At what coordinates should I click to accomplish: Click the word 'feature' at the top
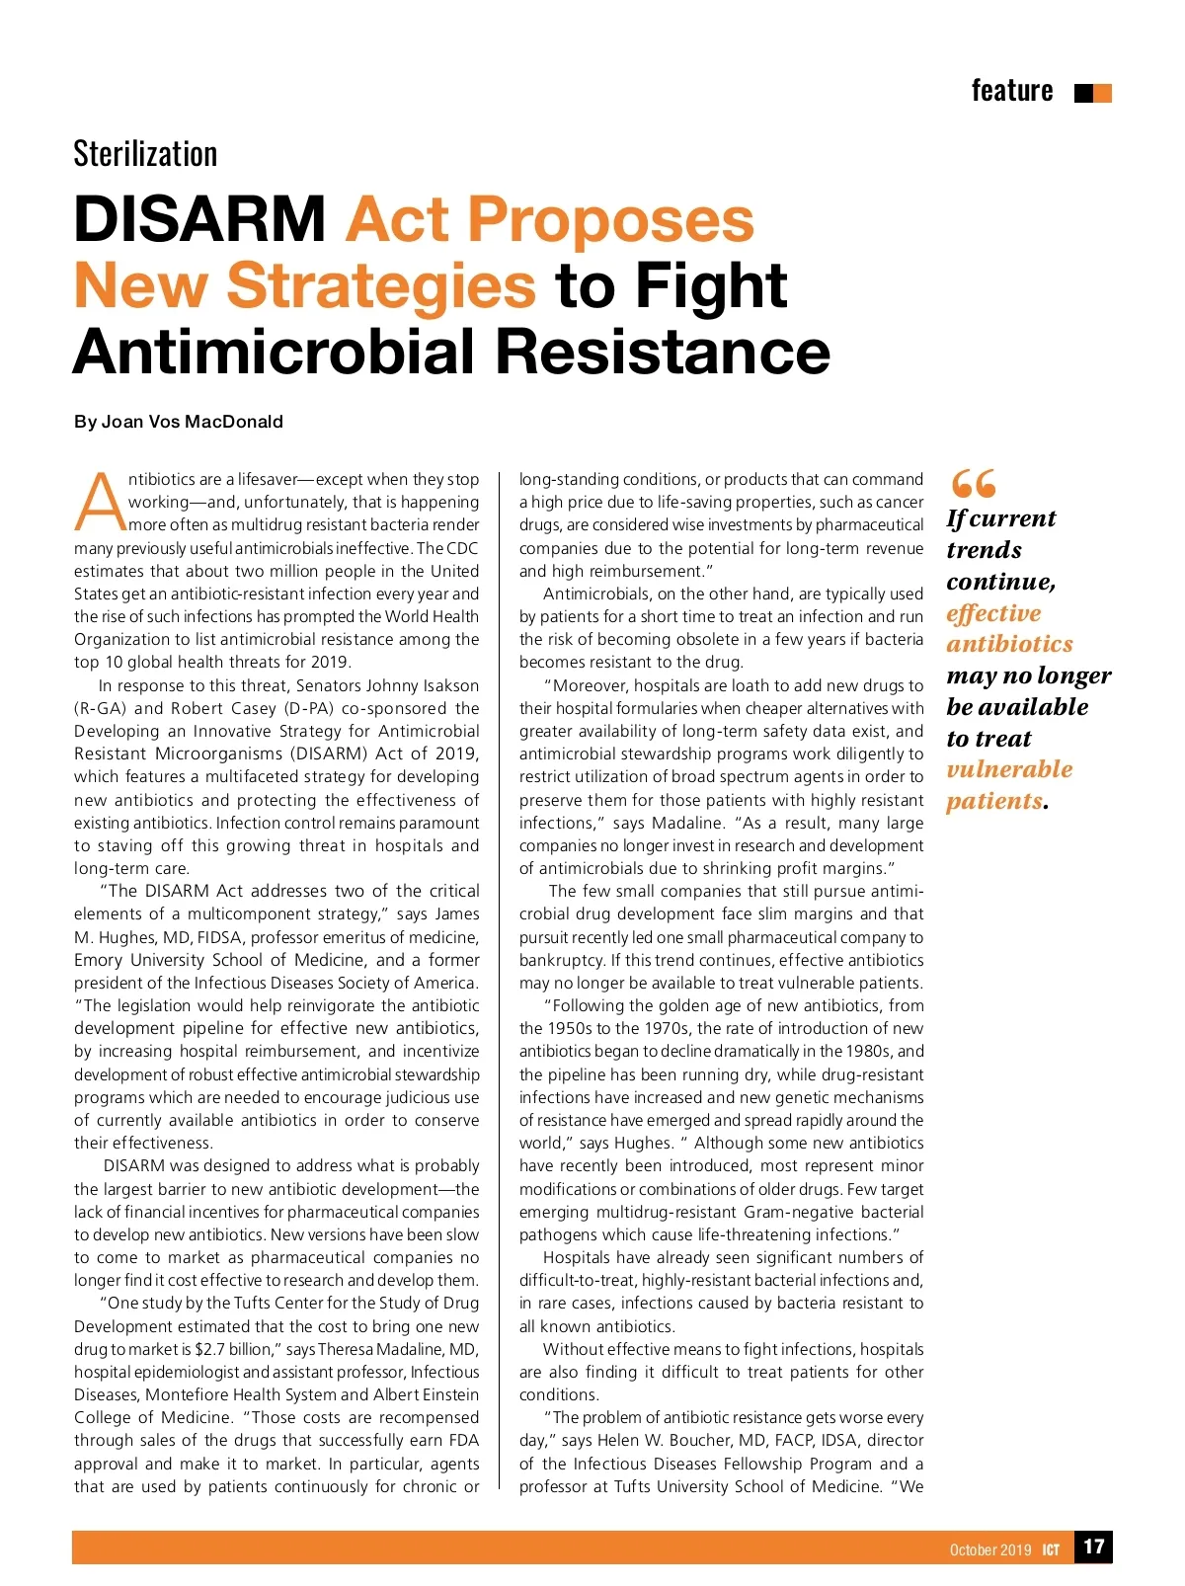pyautogui.click(x=1011, y=91)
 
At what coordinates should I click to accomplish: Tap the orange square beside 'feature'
pyautogui.click(x=1103, y=94)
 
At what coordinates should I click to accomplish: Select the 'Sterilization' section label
pyautogui.click(x=145, y=154)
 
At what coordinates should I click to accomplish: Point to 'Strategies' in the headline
pyautogui.click(x=381, y=285)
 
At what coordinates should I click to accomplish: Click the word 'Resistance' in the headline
pyautogui.click(x=663, y=352)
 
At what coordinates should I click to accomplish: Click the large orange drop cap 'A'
pyautogui.click(x=100, y=502)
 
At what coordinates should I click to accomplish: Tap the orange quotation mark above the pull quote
pyautogui.click(x=973, y=484)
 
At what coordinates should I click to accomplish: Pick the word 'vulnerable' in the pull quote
pyautogui.click(x=1009, y=769)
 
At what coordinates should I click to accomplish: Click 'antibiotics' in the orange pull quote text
pyautogui.click(x=1009, y=644)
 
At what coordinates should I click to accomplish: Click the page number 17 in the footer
pyautogui.click(x=1093, y=1546)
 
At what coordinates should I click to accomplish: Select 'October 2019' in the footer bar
pyautogui.click(x=990, y=1549)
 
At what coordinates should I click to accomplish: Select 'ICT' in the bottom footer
pyautogui.click(x=1051, y=1549)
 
